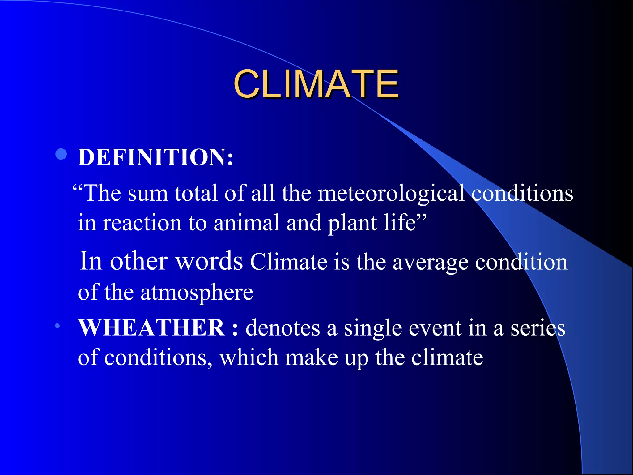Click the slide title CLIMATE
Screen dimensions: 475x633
pyautogui.click(x=316, y=84)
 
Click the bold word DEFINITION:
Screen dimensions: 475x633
pyautogui.click(x=155, y=157)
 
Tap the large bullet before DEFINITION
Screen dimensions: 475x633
pyautogui.click(x=62, y=154)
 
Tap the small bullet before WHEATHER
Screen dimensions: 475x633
pyautogui.click(x=57, y=326)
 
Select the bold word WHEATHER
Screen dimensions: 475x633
pyautogui.click(x=151, y=327)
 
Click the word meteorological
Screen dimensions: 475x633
pyautogui.click(x=391, y=194)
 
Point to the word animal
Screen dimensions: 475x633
pyautogui.click(x=246, y=223)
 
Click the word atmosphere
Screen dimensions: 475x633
pyautogui.click(x=197, y=293)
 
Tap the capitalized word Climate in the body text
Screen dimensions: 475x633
pyautogui.click(x=288, y=262)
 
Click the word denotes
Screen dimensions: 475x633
pyautogui.click(x=283, y=328)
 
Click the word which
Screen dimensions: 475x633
pyautogui.click(x=249, y=357)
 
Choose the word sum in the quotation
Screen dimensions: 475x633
pyautogui.click(x=148, y=194)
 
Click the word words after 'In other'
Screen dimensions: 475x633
pyautogui.click(x=209, y=261)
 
